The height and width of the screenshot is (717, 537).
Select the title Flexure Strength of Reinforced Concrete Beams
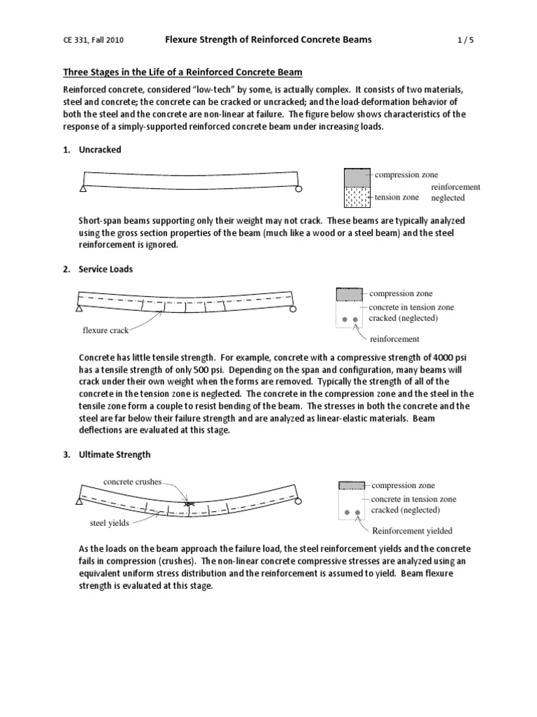coord(268,40)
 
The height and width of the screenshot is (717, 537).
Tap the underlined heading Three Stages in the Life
coord(183,73)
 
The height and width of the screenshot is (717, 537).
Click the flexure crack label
coord(106,330)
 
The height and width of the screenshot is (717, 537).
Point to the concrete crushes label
coord(132,482)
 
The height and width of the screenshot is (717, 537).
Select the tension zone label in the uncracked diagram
coord(396,197)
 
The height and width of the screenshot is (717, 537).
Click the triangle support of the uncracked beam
coord(83,189)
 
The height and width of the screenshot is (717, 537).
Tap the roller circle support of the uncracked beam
coord(298,189)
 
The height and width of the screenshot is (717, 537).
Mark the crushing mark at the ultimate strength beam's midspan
coord(187,504)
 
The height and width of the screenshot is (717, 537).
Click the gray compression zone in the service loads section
coord(350,294)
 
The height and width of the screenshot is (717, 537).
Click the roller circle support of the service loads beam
coord(293,308)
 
